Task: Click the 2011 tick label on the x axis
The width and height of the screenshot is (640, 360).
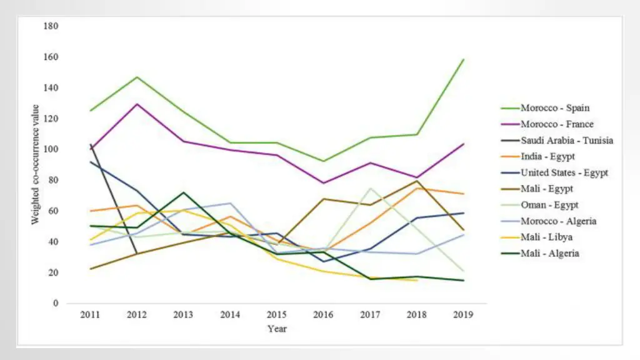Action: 90,314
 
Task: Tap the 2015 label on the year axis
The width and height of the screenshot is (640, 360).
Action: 277,314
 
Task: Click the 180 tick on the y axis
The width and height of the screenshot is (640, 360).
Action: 51,26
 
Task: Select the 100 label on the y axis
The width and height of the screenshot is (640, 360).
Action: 51,149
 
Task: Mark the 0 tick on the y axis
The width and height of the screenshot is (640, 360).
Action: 56,303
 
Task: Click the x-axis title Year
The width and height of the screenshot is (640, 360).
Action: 277,329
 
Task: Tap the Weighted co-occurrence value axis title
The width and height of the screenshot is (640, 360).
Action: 36,164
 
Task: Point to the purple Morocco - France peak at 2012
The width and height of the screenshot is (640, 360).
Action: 137,104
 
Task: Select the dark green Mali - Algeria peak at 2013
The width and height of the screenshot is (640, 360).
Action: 184,192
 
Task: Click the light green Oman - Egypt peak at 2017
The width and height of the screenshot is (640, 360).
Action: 371,188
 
